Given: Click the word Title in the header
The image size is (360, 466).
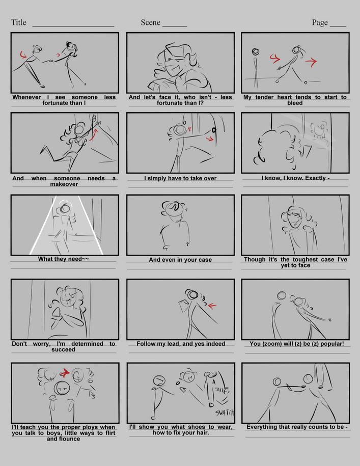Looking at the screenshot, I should pos(19,22).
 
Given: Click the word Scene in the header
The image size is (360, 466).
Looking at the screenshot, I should pos(151,22).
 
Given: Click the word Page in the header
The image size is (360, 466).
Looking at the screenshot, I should pos(320,22).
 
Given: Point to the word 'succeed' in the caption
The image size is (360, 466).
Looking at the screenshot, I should pos(63,349).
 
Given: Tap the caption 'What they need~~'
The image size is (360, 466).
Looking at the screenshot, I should pos(64,259).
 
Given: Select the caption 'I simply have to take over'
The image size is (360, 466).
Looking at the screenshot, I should pos(180,178).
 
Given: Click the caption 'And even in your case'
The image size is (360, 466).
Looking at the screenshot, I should pos(180,260).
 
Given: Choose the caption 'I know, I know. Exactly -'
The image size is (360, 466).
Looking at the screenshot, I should pos(295,178).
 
